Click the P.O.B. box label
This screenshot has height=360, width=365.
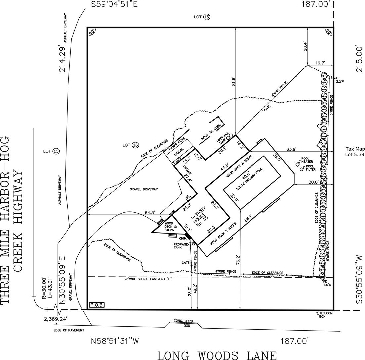[x=96, y=305]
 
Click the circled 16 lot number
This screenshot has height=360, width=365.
[x=135, y=145]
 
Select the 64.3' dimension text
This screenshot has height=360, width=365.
[x=150, y=212]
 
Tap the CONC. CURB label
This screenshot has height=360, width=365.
[x=183, y=321]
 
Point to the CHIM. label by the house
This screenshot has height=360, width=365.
[x=184, y=238]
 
